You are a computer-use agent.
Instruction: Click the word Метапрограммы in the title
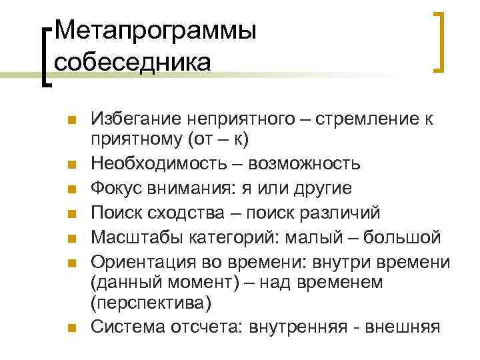click(155, 31)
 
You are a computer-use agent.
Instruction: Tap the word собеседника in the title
click(133, 61)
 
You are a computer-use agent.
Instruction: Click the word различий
click(340, 213)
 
